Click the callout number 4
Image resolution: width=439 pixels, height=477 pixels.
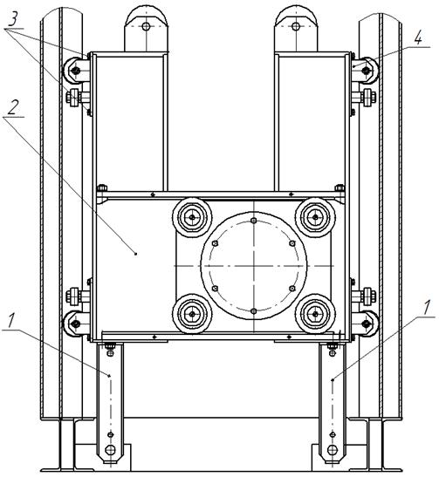[x=419, y=39]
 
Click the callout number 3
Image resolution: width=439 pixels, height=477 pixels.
[x=13, y=20]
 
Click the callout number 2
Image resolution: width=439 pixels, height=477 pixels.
[x=12, y=107]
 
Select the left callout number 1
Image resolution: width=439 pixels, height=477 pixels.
[x=11, y=321]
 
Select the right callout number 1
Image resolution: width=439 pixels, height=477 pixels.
[x=428, y=308]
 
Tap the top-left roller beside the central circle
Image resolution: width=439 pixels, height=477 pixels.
[x=192, y=217]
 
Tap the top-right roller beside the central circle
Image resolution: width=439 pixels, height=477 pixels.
[x=315, y=217]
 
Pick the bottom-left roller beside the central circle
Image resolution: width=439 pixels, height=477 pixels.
[x=192, y=314]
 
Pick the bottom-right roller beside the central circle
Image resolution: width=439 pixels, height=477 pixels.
[x=315, y=314]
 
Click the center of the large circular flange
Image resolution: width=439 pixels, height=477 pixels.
[x=254, y=266]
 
